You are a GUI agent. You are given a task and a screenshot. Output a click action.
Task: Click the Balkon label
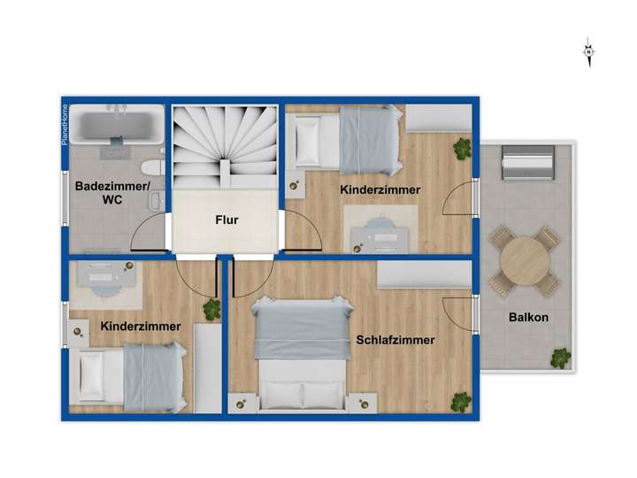[527, 318]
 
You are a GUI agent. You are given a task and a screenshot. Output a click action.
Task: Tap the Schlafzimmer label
[395, 339]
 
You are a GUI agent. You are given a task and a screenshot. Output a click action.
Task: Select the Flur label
[227, 221]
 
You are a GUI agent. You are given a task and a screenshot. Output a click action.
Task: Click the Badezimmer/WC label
[112, 193]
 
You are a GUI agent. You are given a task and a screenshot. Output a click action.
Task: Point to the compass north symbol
[588, 52]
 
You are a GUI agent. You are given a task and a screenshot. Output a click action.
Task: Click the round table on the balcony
[524, 263]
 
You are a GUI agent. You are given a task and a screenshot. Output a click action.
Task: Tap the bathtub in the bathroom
[118, 127]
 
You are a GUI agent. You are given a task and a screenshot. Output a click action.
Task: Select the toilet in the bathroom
[151, 167]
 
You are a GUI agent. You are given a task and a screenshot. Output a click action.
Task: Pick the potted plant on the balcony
[560, 358]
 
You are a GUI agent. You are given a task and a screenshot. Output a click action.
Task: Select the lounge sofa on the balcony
[528, 164]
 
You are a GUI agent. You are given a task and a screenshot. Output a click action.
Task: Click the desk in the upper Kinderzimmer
[380, 231]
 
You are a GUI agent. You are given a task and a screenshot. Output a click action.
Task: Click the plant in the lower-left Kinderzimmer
[211, 309]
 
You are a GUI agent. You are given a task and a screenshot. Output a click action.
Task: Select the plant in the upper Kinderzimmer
[461, 150]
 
